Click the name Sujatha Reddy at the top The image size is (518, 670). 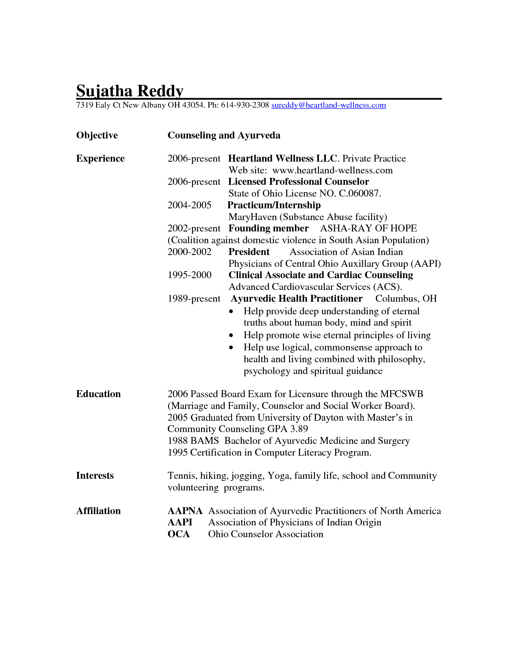tap(130, 91)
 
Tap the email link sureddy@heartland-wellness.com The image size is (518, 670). tap(328, 105)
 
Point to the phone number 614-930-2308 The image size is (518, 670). tap(245, 105)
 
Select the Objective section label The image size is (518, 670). tap(97, 135)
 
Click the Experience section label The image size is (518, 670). tap(100, 158)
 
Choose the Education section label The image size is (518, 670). tap(98, 394)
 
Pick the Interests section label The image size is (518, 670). tap(95, 475)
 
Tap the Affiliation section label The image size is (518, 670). tap(98, 511)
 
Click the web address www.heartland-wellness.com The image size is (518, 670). tap(332, 170)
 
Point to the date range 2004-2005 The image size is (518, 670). tap(189, 205)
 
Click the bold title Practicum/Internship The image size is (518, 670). tap(274, 205)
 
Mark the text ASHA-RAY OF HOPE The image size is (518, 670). tap(368, 228)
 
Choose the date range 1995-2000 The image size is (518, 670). tap(189, 275)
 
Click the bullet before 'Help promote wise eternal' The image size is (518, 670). tap(231, 336)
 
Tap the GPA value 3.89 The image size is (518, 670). tap(299, 429)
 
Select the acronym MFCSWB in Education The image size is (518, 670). tap(401, 394)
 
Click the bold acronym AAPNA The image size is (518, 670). tap(185, 511)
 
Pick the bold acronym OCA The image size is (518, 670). tap(178, 534)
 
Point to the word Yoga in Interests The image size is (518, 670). tap(278, 475)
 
